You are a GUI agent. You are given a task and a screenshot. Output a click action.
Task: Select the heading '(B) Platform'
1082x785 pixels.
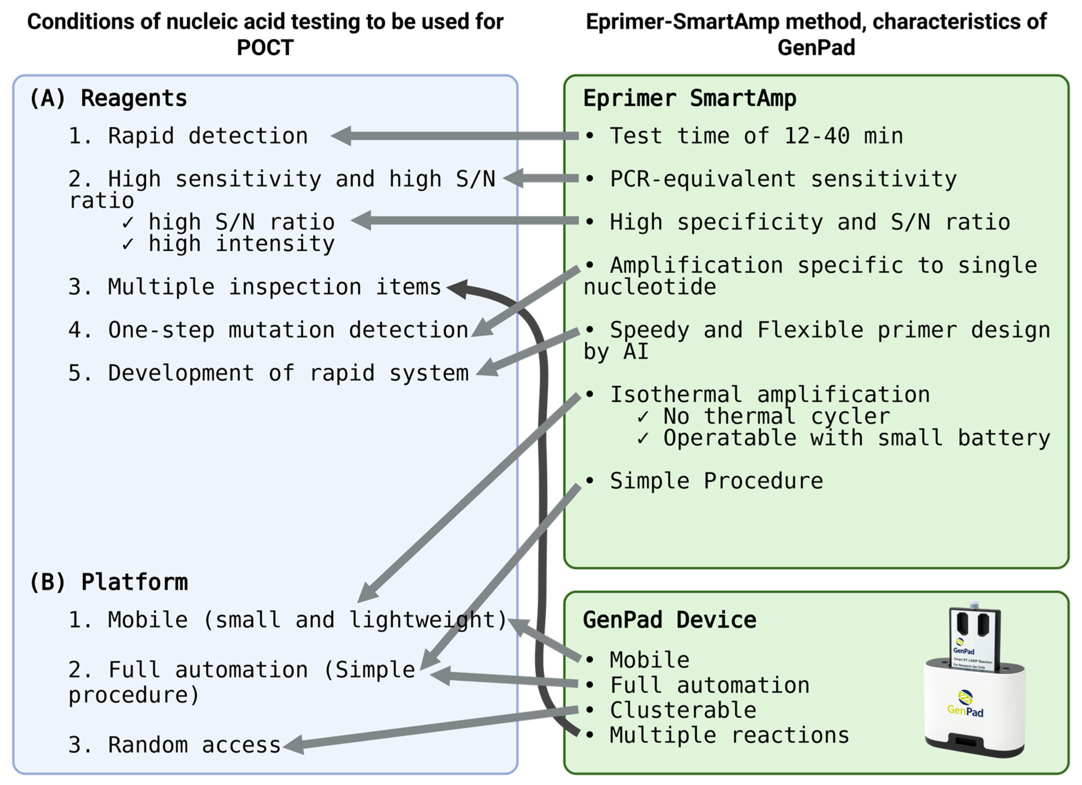109,582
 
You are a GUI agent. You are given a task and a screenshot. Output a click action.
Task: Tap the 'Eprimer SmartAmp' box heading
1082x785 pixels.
689,98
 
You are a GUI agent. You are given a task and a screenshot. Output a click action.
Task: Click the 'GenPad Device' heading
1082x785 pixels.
669,620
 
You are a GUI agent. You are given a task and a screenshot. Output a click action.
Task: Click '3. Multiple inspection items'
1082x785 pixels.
255,287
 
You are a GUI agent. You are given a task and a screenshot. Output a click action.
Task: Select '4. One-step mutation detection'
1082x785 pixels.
268,330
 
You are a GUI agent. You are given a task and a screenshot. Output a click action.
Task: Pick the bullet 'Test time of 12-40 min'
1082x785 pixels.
756,136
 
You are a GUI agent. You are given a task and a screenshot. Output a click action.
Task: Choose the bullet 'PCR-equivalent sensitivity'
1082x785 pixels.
783,179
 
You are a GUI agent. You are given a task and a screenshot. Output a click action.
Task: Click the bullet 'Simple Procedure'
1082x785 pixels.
716,481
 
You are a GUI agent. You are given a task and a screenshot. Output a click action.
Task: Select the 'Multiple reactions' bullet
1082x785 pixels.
729,735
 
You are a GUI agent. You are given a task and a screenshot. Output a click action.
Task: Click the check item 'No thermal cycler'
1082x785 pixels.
776,416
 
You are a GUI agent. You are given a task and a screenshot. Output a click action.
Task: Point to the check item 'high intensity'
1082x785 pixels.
241,244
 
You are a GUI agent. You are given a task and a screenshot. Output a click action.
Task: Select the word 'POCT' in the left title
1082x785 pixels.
265,47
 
